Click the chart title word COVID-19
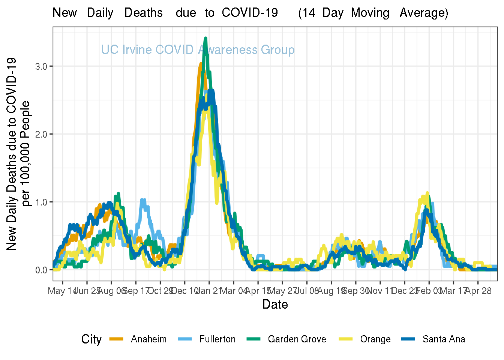tap(250, 13)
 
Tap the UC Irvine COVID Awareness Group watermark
tap(198, 50)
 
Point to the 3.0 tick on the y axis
tap(41, 66)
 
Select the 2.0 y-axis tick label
tap(41, 134)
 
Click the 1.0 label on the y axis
tap(41, 202)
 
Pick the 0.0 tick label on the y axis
tap(41, 270)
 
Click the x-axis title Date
tap(275, 304)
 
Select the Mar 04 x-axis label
tap(234, 291)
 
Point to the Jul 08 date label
tap(307, 291)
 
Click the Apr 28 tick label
tap(478, 291)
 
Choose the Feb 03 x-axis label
tap(429, 291)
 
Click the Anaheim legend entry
tap(148, 339)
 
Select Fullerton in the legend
tap(217, 339)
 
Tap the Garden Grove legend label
tap(297, 339)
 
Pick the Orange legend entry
tap(375, 339)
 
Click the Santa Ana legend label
tap(444, 339)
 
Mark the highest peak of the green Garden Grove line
tap(205, 38)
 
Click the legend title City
tap(91, 339)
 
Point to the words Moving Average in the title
tap(399, 13)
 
